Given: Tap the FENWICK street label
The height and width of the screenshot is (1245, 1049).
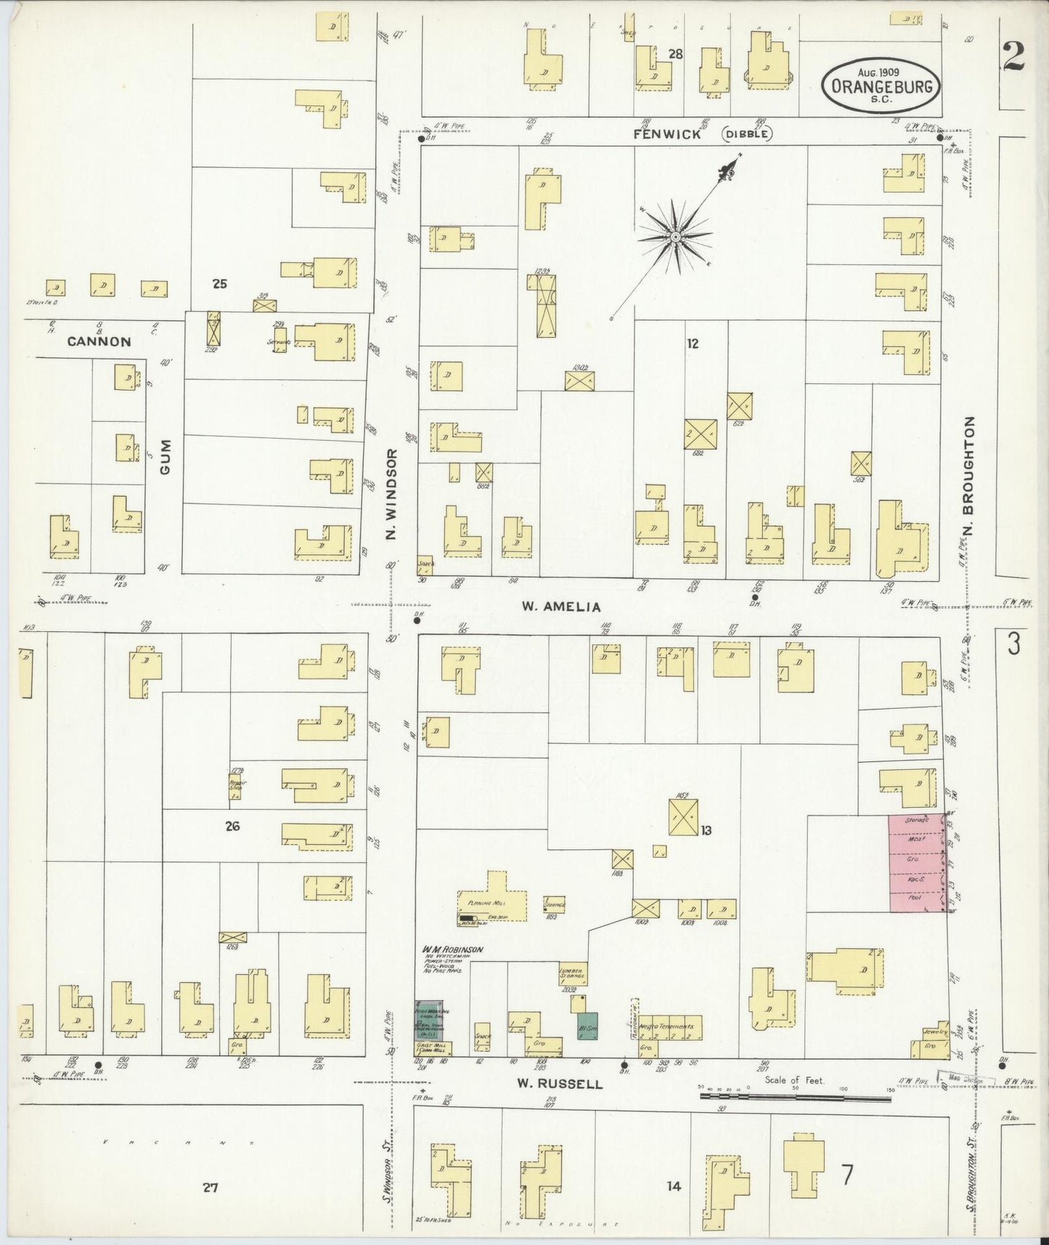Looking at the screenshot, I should click(666, 134).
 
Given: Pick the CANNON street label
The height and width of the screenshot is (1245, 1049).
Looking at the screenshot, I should click(100, 341).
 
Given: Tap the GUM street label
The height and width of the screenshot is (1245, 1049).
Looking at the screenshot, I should click(165, 457).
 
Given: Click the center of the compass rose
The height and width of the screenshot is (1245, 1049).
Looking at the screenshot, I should click(676, 237).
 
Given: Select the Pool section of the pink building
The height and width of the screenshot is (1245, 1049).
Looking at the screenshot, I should click(917, 898).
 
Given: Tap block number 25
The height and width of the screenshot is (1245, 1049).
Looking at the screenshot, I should click(219, 284).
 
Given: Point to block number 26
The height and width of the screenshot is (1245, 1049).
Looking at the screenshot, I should click(232, 826).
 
